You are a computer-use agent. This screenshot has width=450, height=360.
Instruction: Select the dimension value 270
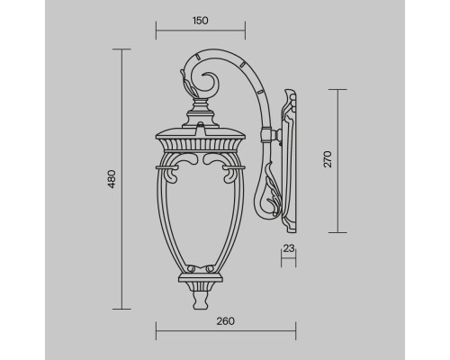[x=328, y=159]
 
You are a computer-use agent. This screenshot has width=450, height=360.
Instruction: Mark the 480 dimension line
[x=123, y=180]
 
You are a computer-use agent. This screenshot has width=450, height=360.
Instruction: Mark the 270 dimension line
[x=339, y=158]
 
